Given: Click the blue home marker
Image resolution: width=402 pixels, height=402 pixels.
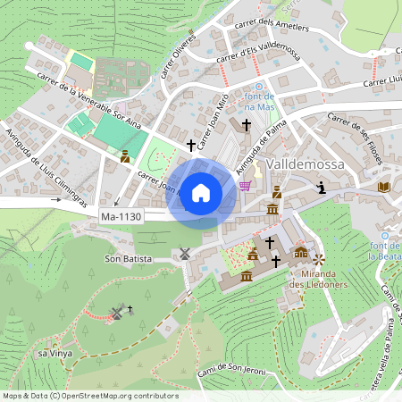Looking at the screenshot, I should pos(201,192).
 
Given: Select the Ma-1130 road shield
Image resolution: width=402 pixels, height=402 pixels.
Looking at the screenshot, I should pos(121,217).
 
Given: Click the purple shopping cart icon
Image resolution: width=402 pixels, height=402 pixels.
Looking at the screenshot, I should pos(245,186).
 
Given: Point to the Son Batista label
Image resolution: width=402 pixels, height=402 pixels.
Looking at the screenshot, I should pos(128,258).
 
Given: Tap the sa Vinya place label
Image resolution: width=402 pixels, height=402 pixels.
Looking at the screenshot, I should pos(54,354).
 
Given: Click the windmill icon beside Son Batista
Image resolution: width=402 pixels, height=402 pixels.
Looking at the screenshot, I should pos(185,253).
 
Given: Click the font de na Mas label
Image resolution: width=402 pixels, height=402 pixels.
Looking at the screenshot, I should pos(258,101).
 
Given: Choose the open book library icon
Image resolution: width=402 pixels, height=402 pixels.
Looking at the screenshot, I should pos(384,187).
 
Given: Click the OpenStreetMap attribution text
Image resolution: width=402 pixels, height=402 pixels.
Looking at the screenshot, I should pos(89,396).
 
